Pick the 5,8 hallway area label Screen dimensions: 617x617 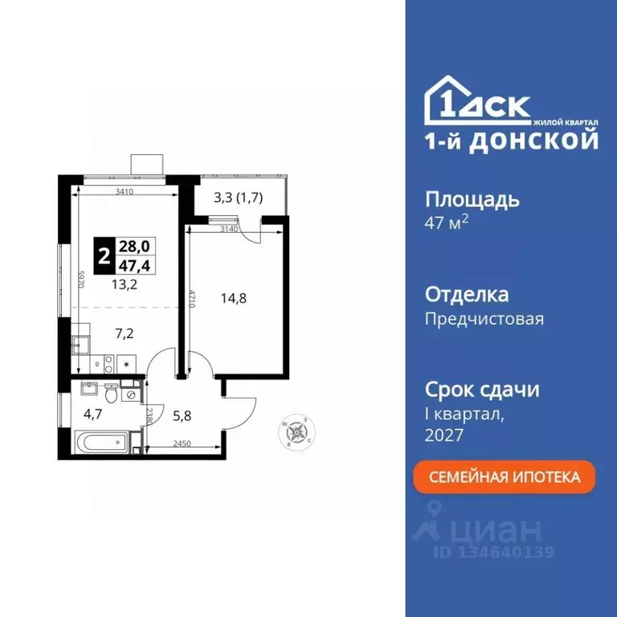[x=181, y=417]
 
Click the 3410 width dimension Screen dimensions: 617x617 [x=124, y=191]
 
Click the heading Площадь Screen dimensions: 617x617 [x=472, y=199]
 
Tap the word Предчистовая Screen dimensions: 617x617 [x=484, y=319]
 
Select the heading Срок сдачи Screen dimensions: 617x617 [x=481, y=390]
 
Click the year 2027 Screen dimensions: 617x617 [x=443, y=435]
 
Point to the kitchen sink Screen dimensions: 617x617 [x=81, y=345]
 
